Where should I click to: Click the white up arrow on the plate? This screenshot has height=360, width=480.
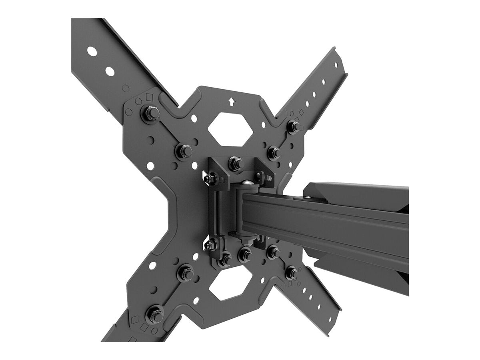(231, 102)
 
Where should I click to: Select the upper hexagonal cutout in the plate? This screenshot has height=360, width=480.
(230, 129)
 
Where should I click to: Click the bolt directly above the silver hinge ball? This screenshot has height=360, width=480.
(235, 163)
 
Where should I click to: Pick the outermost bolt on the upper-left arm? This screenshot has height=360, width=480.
(150, 114)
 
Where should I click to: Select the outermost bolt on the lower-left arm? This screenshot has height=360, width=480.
(154, 314)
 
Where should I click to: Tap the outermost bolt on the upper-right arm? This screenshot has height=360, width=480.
(293, 126)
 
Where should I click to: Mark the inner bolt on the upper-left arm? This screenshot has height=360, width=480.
(184, 150)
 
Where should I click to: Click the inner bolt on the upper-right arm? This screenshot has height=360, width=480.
(274, 152)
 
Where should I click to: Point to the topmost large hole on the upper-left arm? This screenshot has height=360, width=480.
(92, 51)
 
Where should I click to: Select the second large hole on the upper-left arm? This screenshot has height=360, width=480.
(110, 72)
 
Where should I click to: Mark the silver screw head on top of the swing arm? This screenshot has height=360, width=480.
(308, 196)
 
